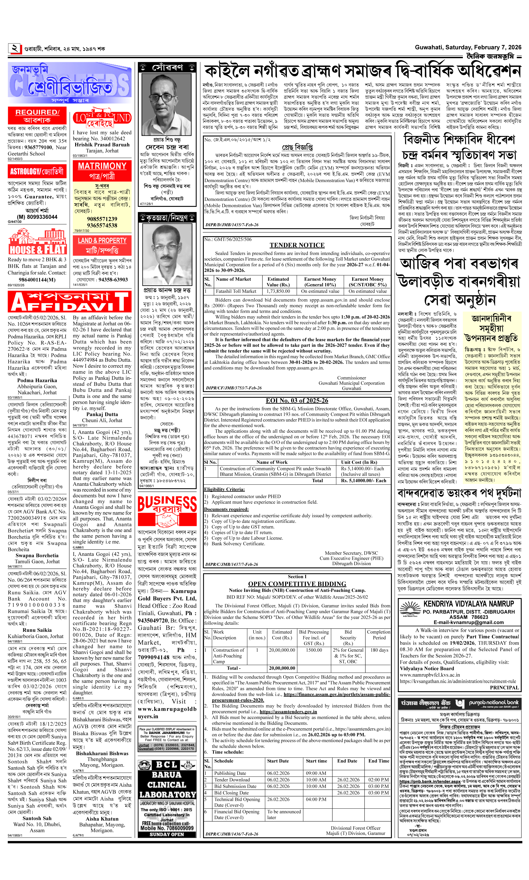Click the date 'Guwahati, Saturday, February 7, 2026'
click(x=468, y=47)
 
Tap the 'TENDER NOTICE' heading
click(x=297, y=245)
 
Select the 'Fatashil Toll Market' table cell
click(x=236, y=291)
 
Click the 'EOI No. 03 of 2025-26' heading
click(x=297, y=401)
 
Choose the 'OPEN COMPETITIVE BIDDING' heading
click(x=297, y=584)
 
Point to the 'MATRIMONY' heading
click(x=102, y=166)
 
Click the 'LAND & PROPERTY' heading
click(x=102, y=240)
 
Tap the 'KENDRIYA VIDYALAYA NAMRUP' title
click(x=468, y=604)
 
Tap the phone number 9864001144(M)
click(x=37, y=280)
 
